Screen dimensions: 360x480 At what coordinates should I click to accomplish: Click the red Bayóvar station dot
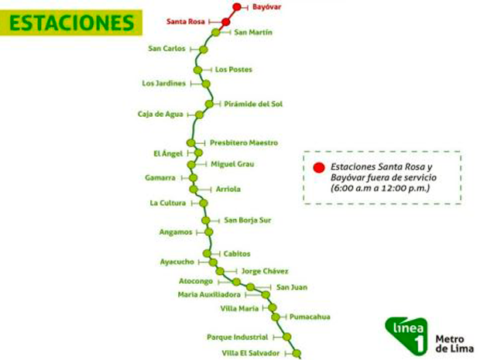237,7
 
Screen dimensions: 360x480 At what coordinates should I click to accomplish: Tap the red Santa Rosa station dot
226,22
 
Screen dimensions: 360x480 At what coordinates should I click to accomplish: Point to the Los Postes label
233,70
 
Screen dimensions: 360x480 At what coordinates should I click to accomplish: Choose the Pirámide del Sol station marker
209,103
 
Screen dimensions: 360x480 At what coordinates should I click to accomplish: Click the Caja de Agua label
160,115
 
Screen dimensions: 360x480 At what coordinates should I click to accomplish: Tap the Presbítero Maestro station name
243,142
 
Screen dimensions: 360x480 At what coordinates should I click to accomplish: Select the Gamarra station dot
193,177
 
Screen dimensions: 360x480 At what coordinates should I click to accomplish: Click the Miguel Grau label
232,163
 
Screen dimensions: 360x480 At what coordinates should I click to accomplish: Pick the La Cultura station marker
204,203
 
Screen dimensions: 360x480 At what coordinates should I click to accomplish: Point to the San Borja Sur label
248,220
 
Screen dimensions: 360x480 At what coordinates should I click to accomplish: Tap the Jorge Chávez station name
264,271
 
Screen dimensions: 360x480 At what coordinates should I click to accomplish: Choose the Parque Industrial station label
238,337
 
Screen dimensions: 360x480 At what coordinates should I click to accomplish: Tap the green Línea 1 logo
403,334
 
